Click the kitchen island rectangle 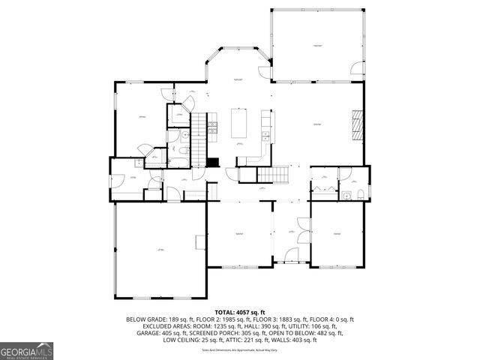(240, 124)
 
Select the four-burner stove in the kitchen (213, 127)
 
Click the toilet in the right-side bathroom (360, 195)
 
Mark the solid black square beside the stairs (212, 161)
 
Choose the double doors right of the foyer (304, 225)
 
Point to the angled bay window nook (238, 67)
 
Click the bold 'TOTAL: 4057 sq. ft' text (240, 312)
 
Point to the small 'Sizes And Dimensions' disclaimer (239, 349)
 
